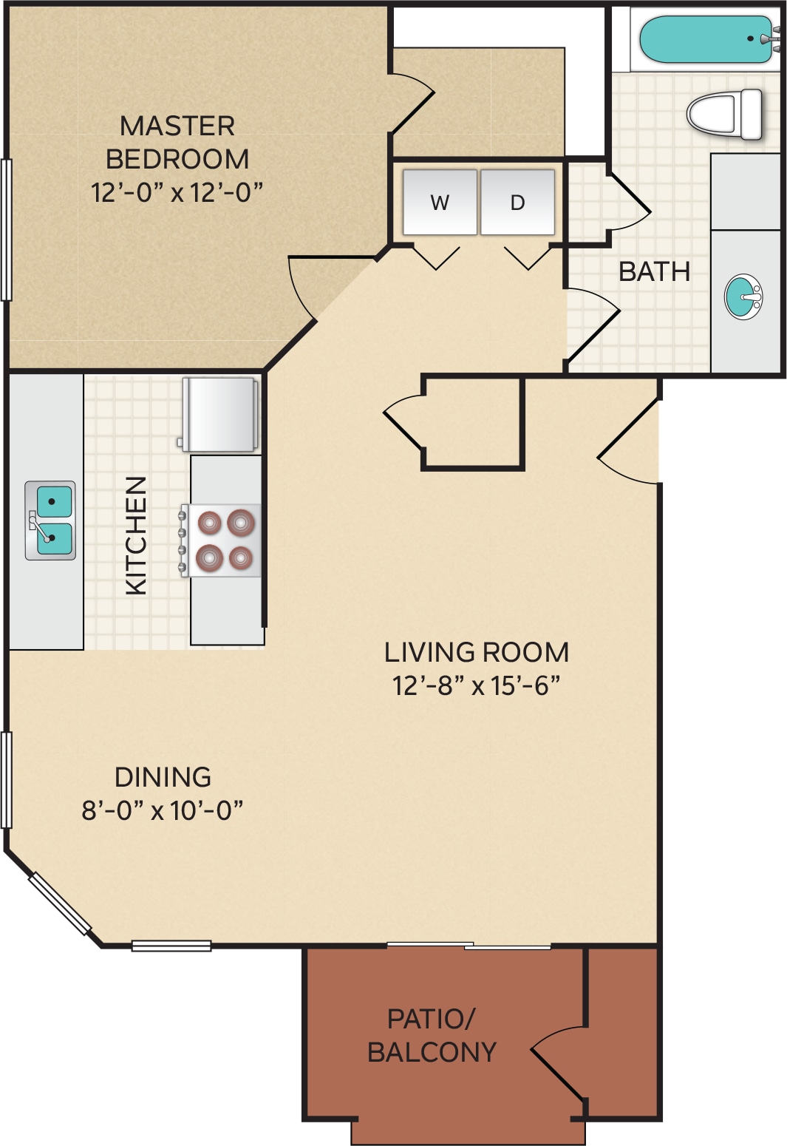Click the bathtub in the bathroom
coord(707,39)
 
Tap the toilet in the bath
coord(725,114)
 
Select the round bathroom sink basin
coord(743,296)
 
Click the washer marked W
coord(440,202)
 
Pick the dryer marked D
coord(517,202)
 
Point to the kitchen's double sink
coord(50,521)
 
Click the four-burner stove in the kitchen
coord(220,540)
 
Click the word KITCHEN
coord(137,535)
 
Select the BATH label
coord(654,271)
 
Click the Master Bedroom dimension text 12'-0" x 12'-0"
coord(177,192)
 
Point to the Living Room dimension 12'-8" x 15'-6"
coord(476,685)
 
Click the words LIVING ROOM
coord(477,652)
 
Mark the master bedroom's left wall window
coord(6,230)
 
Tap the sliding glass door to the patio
coord(469,946)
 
